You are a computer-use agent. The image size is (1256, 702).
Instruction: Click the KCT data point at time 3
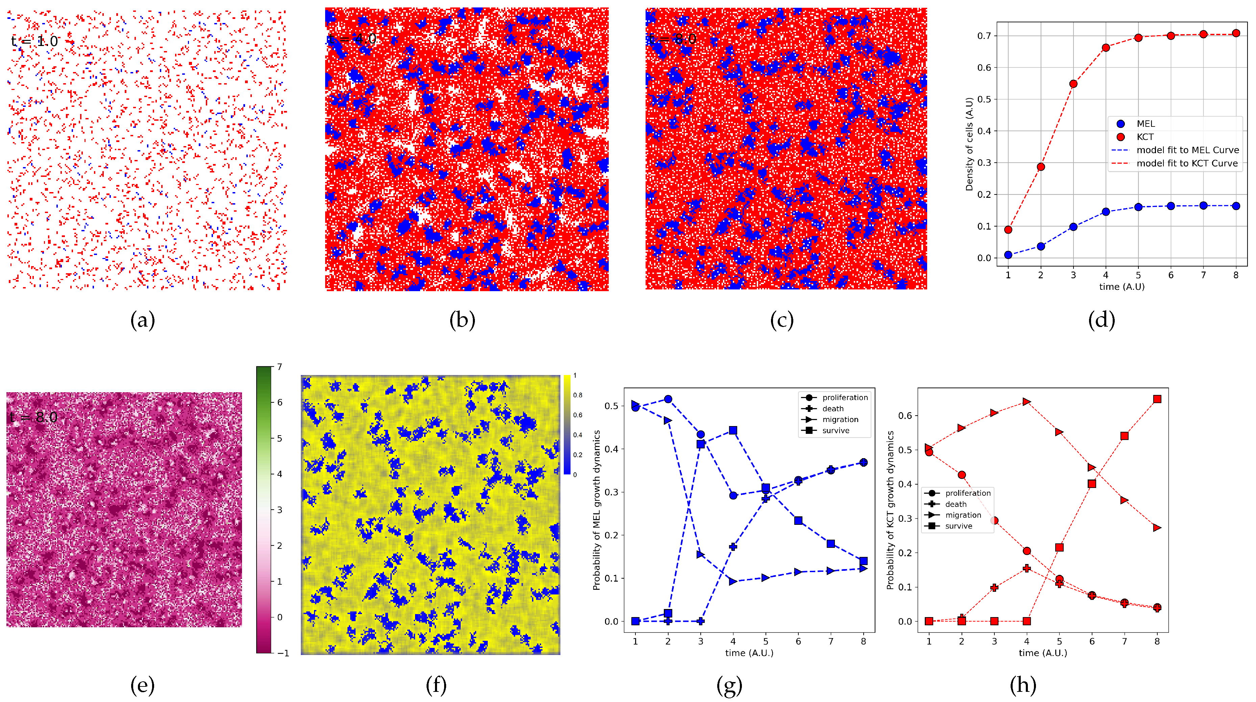[x=1073, y=84]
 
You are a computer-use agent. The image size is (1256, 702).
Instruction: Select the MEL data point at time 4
[x=1106, y=212]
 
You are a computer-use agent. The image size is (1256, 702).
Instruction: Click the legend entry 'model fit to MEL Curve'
[x=1187, y=150]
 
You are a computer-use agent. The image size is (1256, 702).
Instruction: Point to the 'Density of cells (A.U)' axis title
[x=969, y=144]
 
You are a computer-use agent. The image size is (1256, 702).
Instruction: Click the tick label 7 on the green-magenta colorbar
[x=280, y=366]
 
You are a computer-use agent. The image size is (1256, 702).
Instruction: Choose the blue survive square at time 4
[x=733, y=430]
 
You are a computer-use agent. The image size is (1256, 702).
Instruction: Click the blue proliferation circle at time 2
[x=668, y=399]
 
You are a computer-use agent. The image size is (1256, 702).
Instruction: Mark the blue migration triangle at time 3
[x=701, y=554]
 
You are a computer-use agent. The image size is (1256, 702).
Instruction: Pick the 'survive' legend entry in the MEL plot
[x=835, y=430]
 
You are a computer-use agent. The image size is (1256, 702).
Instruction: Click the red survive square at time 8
[x=1157, y=399]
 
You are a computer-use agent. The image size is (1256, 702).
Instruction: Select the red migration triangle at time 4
[x=1027, y=401]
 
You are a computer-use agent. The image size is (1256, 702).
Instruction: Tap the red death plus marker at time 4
[x=1027, y=568]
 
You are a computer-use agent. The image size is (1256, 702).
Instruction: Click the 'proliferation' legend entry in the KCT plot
[x=967, y=493]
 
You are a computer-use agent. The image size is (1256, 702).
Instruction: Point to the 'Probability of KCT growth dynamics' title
[x=890, y=510]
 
